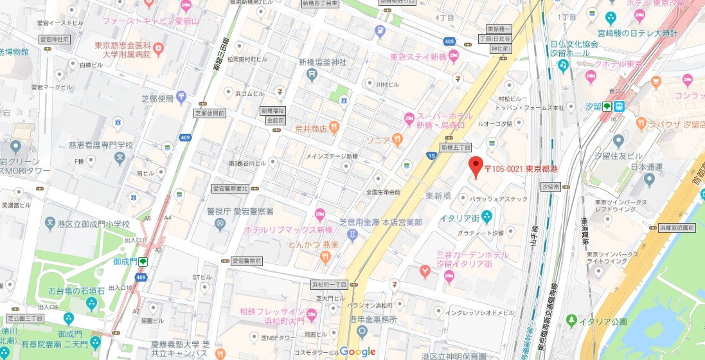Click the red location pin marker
tap(475, 166)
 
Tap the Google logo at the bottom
tap(357, 351)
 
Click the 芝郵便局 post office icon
tap(182, 98)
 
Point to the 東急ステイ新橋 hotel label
tap(418, 57)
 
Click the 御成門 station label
tap(125, 262)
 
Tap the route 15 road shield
tap(429, 156)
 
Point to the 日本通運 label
tap(628, 168)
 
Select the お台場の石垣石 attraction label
tap(76, 291)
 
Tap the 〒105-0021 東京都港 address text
tap(521, 169)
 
